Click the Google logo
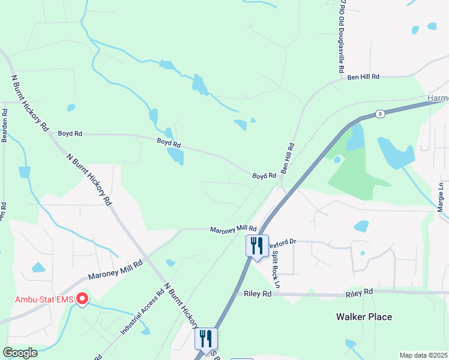[20, 352]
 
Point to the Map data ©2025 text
[423, 355]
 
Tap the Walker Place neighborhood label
[364, 317]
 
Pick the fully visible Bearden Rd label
[4, 125]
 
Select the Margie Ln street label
[441, 197]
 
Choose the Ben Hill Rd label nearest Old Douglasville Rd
[364, 77]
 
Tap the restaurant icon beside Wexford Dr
[257, 246]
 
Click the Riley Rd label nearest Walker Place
[359, 292]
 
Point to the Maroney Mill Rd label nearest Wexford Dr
[233, 229]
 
